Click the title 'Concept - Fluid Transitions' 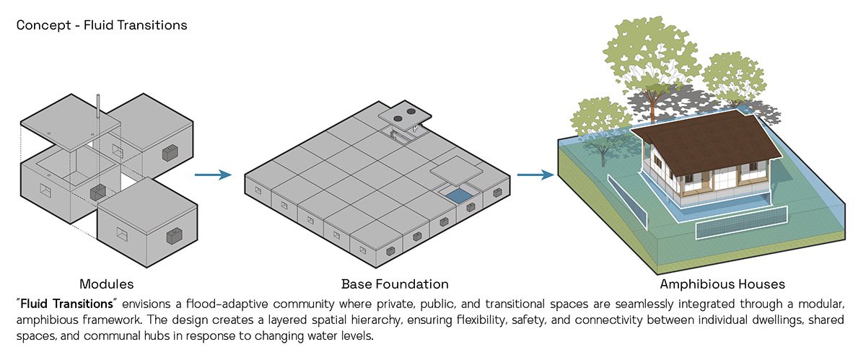pyautogui.click(x=101, y=25)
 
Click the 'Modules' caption pyautogui.click(x=106, y=284)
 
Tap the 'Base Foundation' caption pyautogui.click(x=395, y=284)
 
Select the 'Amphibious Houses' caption pyautogui.click(x=722, y=284)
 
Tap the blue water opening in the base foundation pyautogui.click(x=455, y=194)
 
